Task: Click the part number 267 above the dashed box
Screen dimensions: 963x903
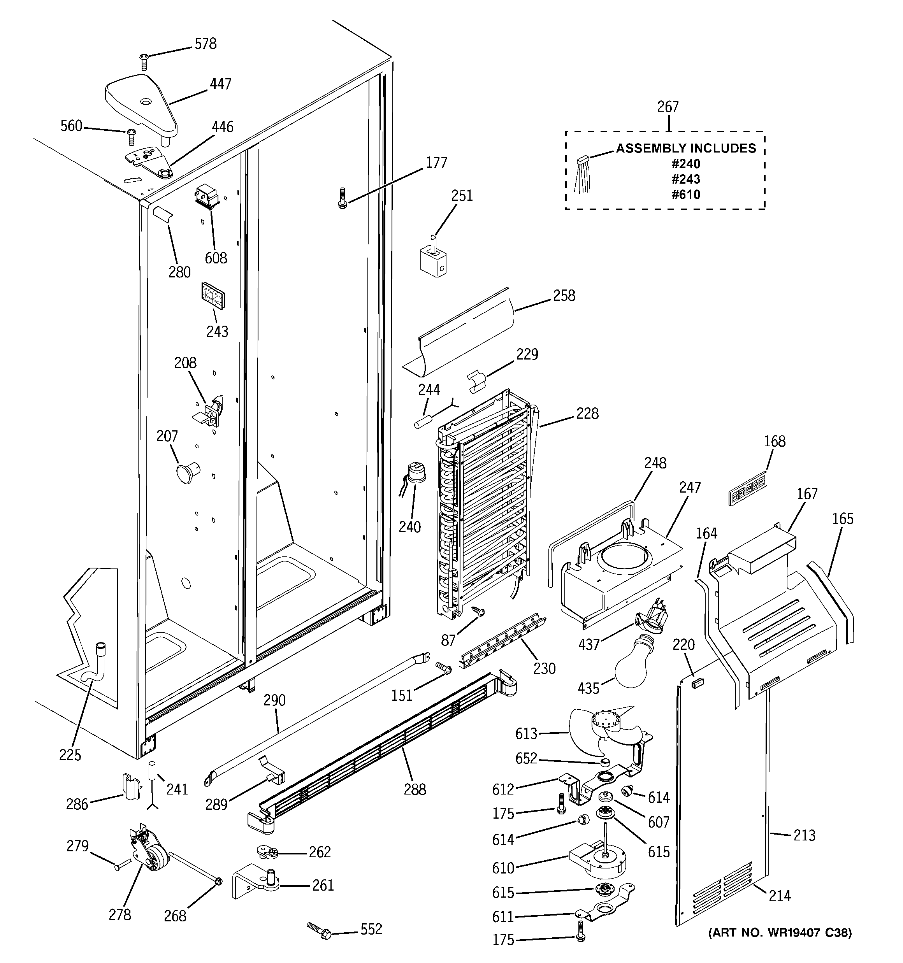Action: pyautogui.click(x=668, y=107)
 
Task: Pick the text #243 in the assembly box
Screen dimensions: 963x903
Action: pyautogui.click(x=685, y=179)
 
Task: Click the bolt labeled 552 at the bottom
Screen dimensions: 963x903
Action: pyautogui.click(x=320, y=931)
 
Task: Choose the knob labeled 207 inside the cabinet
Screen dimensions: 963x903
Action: pyautogui.click(x=186, y=471)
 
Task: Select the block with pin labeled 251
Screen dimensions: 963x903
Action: pyautogui.click(x=433, y=259)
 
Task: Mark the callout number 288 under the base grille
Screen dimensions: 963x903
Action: pyautogui.click(x=415, y=789)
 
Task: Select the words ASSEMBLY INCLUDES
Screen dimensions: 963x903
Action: pyautogui.click(x=685, y=148)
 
